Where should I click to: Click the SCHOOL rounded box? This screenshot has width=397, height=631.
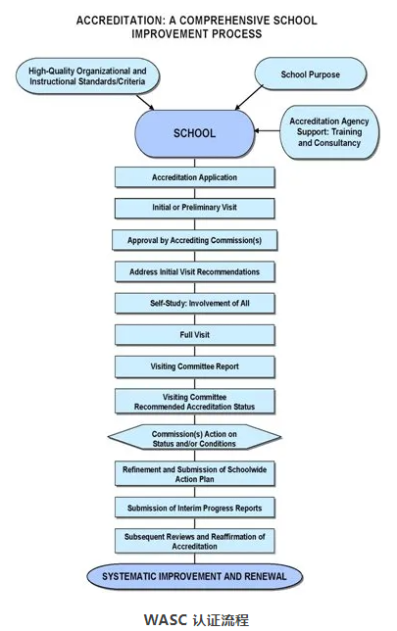tap(194, 133)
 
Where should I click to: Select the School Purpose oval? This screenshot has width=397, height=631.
tap(311, 73)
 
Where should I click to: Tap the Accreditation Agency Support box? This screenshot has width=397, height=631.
tap(329, 132)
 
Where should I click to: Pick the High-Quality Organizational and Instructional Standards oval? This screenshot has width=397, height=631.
tap(87, 76)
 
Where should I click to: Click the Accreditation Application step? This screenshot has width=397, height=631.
tap(194, 177)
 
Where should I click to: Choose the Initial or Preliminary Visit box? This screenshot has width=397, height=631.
tap(194, 208)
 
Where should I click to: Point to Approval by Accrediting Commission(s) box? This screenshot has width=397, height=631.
tap(194, 240)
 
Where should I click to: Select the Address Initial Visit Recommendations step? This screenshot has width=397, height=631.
tap(194, 272)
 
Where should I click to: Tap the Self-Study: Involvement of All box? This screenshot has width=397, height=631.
tap(194, 304)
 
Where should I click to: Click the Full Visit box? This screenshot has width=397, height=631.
tap(194, 335)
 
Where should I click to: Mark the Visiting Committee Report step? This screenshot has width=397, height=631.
tap(194, 366)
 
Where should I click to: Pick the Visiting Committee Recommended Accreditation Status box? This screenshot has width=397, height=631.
tap(194, 401)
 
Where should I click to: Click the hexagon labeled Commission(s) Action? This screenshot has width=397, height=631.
tap(194, 437)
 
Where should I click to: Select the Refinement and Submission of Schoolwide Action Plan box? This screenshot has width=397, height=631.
tap(194, 473)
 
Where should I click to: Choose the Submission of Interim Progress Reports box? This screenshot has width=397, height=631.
tap(194, 508)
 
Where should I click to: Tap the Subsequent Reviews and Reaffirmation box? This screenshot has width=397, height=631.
tap(194, 541)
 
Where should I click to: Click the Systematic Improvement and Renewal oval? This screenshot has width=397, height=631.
tap(194, 576)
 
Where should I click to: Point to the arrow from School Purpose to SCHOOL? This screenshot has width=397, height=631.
tap(249, 97)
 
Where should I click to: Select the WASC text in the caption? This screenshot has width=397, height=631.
tap(166, 619)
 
